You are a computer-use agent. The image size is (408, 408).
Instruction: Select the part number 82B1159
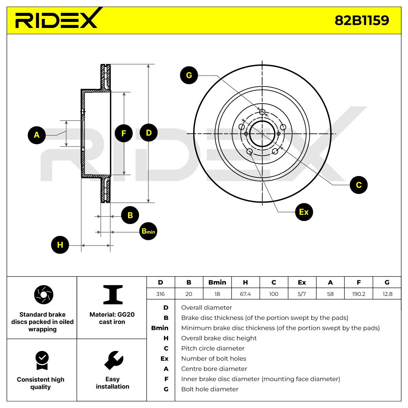tap(362, 20)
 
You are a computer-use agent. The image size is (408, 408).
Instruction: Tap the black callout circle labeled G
tap(189, 75)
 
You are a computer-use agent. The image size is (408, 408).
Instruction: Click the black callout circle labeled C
tap(359, 185)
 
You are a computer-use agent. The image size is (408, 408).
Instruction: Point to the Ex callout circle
tap(304, 212)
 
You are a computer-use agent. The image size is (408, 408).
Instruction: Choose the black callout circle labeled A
tap(37, 135)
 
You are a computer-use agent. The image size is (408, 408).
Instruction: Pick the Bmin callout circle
tap(148, 231)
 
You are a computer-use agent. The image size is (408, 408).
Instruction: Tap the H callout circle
tap(60, 244)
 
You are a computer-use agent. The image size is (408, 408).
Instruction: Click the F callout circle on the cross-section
tap(124, 133)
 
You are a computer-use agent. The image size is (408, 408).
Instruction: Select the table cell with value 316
tap(160, 294)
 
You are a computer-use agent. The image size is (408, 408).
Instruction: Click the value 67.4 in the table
tap(246, 294)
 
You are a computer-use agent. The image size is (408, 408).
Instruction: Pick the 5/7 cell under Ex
tap(302, 294)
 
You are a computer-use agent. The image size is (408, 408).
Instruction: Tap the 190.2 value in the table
tap(359, 294)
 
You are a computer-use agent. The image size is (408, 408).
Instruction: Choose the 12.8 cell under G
tap(388, 294)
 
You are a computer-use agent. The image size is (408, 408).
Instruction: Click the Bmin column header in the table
tap(217, 282)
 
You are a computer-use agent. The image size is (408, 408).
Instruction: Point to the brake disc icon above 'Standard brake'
tap(44, 295)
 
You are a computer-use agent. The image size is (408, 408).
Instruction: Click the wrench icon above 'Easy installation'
tap(114, 360)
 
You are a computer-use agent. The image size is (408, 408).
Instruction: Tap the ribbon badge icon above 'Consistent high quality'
tap(42, 360)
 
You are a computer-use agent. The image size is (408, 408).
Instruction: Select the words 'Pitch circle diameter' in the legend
tap(213, 348)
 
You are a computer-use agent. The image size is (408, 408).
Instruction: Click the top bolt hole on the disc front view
tap(262, 112)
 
